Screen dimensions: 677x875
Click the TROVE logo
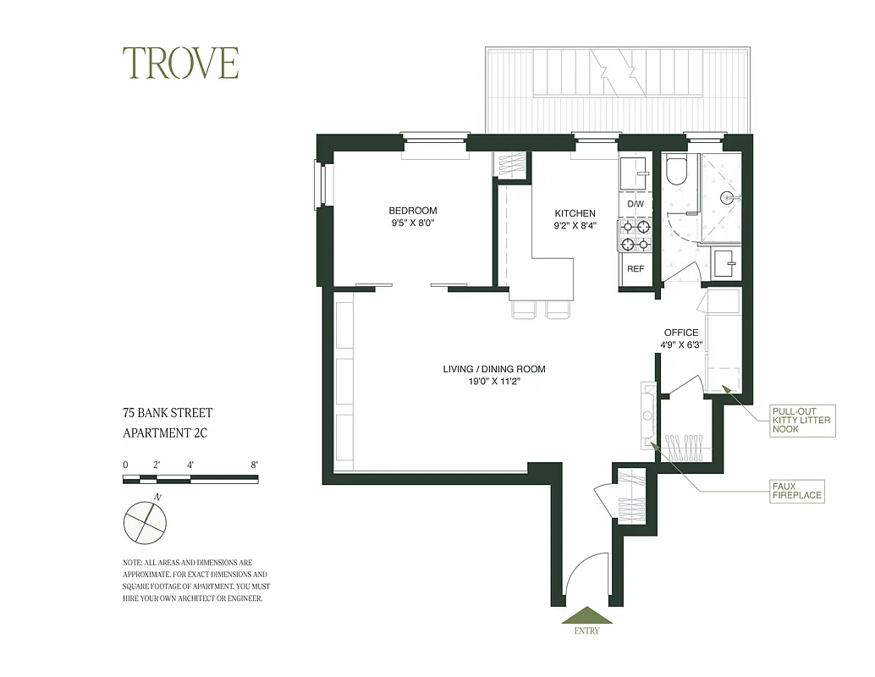click(181, 63)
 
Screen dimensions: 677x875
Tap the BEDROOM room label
click(413, 211)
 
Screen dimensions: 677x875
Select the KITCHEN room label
click(575, 213)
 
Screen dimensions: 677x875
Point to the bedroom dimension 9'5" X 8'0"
click(413, 223)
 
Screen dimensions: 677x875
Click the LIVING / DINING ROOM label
click(494, 369)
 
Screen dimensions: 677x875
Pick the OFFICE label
click(681, 333)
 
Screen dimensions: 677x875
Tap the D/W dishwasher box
click(636, 205)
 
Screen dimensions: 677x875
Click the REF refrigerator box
click(636, 269)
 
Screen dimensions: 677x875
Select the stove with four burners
click(636, 235)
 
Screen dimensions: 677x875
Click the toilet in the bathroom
click(676, 172)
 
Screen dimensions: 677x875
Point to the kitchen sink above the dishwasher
click(634, 173)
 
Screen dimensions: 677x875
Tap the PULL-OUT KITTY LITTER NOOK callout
click(801, 421)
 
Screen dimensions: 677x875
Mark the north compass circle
click(145, 522)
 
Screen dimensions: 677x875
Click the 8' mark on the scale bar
click(255, 465)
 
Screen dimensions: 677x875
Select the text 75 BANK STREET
click(168, 413)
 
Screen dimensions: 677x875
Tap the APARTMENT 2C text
click(165, 433)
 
